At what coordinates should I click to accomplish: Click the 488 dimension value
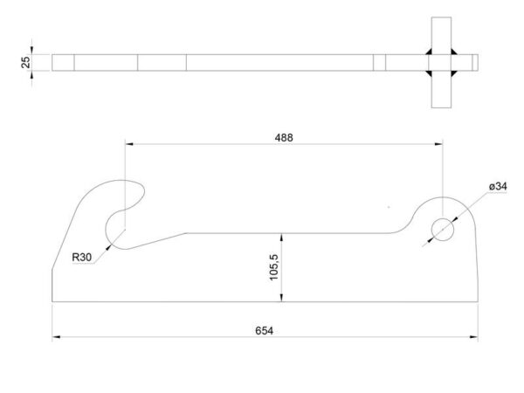click(284, 138)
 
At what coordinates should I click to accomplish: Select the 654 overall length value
click(264, 331)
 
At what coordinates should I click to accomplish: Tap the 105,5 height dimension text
click(273, 267)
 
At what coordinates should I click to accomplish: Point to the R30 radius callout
click(81, 258)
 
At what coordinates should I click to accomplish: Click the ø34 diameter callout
click(498, 186)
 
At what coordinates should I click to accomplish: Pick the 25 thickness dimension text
click(25, 62)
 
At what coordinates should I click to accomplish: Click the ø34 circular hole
click(443, 230)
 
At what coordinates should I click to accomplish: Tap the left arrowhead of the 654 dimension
click(56, 337)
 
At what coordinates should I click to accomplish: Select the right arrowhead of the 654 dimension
click(474, 337)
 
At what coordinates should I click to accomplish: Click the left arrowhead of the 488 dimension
click(129, 144)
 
